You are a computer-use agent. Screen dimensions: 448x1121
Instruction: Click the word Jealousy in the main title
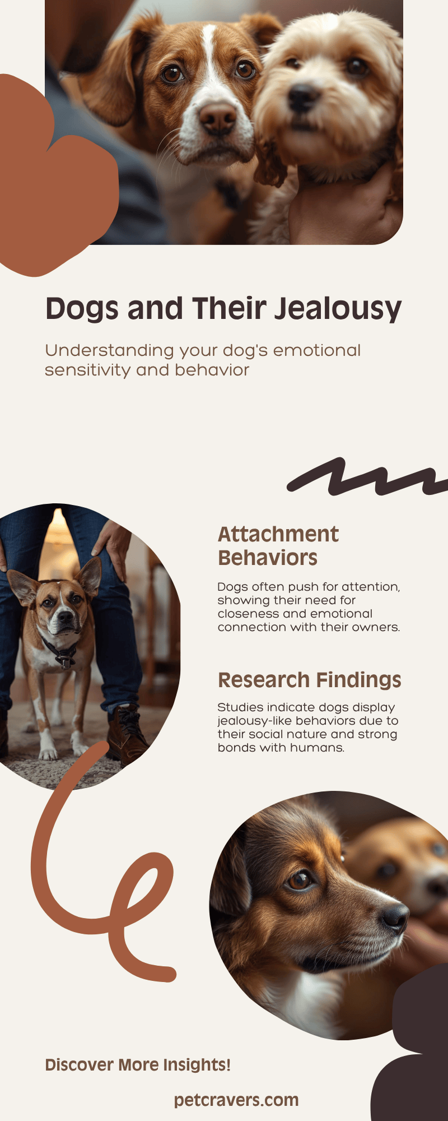[338, 309]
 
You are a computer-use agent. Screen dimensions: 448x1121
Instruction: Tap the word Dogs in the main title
[83, 309]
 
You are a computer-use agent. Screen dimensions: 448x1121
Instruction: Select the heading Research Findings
[310, 680]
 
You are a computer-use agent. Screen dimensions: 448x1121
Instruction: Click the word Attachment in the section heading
[278, 534]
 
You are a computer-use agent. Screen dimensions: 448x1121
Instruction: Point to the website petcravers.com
[236, 1100]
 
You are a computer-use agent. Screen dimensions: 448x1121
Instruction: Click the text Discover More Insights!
[138, 1065]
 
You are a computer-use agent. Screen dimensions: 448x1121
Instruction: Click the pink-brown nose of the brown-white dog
[218, 118]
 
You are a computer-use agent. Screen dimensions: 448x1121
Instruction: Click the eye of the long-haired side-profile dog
[300, 879]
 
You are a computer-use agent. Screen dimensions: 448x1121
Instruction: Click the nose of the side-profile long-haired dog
[395, 918]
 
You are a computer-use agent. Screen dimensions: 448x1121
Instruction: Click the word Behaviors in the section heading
[268, 558]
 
